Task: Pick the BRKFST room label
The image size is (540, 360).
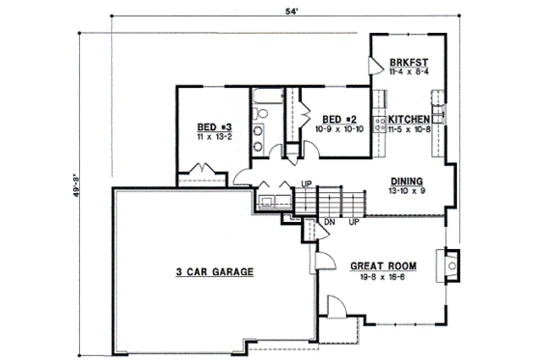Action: pyautogui.click(x=408, y=61)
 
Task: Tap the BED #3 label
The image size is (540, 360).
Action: pyautogui.click(x=213, y=126)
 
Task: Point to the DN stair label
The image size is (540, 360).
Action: pyautogui.click(x=329, y=222)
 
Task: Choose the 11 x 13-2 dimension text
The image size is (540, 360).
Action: pyautogui.click(x=213, y=137)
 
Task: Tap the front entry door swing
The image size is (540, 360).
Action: pyautogui.click(x=335, y=308)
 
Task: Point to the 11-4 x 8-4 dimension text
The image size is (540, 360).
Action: pyautogui.click(x=408, y=71)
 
